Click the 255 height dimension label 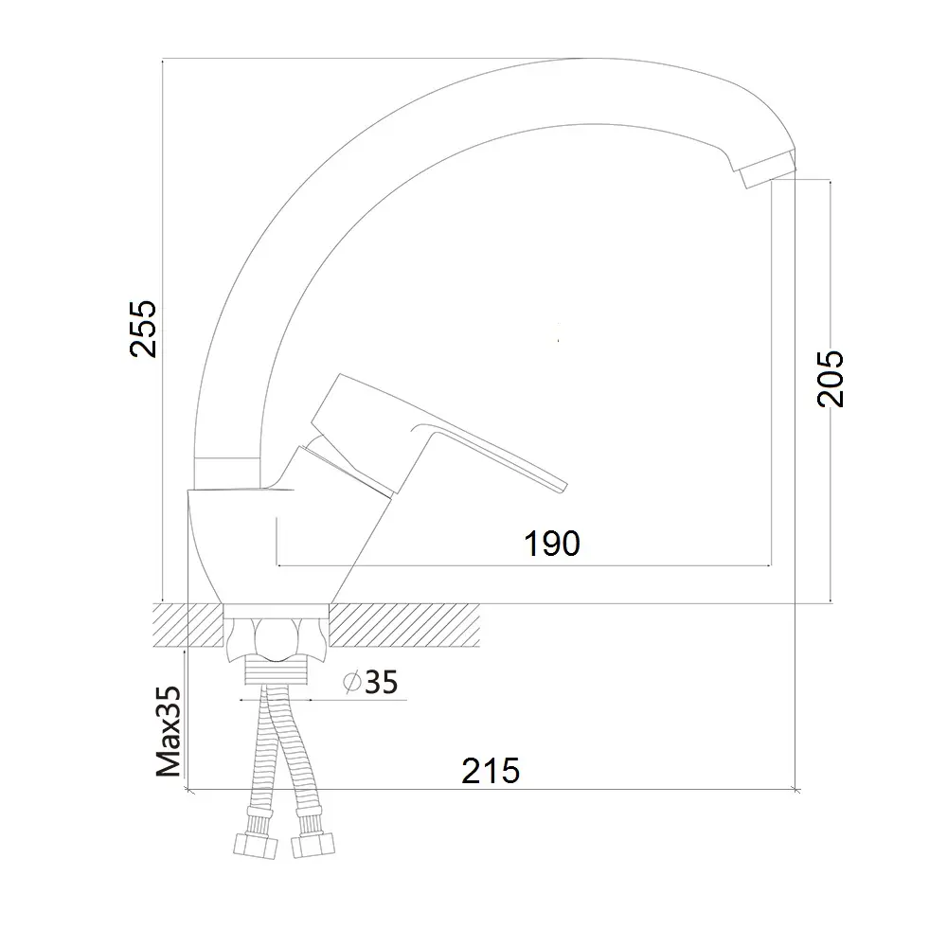(143, 329)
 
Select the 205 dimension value (831, 378)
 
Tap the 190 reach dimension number (551, 544)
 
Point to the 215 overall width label (491, 771)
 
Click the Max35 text (169, 731)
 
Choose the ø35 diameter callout (370, 683)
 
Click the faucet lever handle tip (563, 487)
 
